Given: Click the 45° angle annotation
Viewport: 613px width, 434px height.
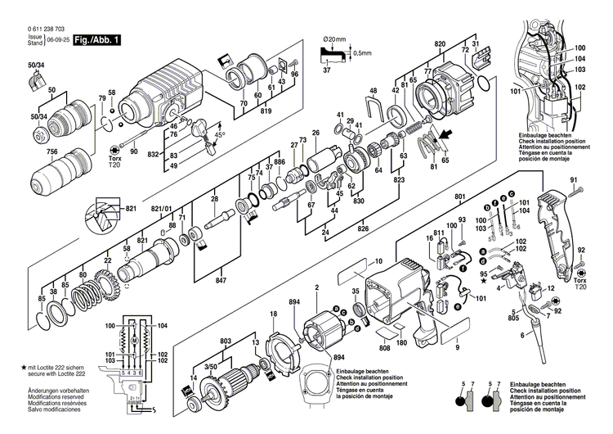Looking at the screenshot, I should coord(220,134).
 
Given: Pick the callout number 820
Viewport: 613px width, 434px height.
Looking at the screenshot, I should coord(440,43).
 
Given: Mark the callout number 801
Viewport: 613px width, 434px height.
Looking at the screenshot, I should coord(459,197).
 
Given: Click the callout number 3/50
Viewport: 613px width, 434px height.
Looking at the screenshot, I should coord(211,368).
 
